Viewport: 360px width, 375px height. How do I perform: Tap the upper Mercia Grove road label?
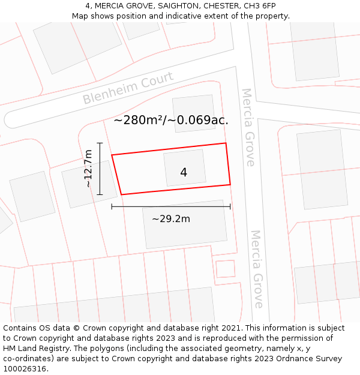click(x=248, y=127)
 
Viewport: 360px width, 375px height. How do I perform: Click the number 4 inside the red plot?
click(x=184, y=173)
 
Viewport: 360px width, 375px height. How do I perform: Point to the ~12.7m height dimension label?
click(x=88, y=169)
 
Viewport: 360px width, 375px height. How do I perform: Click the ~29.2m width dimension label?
click(x=171, y=219)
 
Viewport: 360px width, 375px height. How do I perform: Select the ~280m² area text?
click(x=142, y=120)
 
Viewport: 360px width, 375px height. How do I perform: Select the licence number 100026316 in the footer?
click(x=25, y=368)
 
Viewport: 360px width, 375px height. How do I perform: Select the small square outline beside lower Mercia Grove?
click(x=225, y=268)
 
